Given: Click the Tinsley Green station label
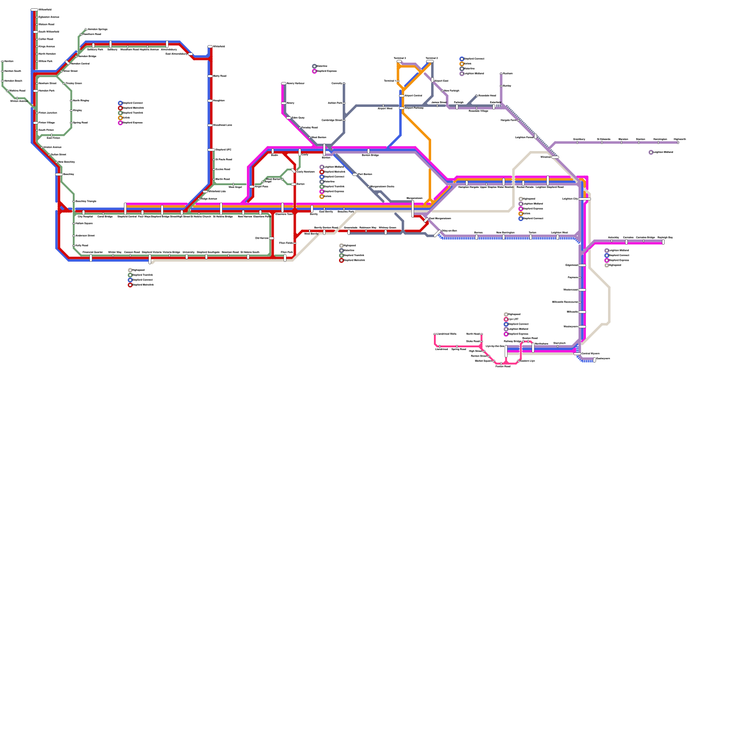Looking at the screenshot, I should (74, 83).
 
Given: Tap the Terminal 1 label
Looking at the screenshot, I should (390, 81).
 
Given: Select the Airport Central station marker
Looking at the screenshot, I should (402, 96).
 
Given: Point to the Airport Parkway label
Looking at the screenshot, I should (414, 108).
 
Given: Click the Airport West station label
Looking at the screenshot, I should (385, 109).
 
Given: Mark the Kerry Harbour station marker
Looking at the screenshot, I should (284, 83).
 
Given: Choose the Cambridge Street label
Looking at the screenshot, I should (332, 120).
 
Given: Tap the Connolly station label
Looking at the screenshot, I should (337, 83).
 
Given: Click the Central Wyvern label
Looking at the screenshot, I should (590, 354).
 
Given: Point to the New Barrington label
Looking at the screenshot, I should (505, 233).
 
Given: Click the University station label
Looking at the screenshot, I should (188, 252).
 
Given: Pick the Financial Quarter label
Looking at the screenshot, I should (93, 252).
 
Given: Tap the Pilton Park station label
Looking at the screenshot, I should (287, 252).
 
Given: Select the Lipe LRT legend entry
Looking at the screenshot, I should (513, 319).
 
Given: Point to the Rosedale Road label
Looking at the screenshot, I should (487, 96).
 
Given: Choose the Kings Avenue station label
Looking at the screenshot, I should (47, 47).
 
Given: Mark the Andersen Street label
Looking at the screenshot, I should (85, 235).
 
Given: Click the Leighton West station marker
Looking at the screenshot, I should (557, 237).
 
